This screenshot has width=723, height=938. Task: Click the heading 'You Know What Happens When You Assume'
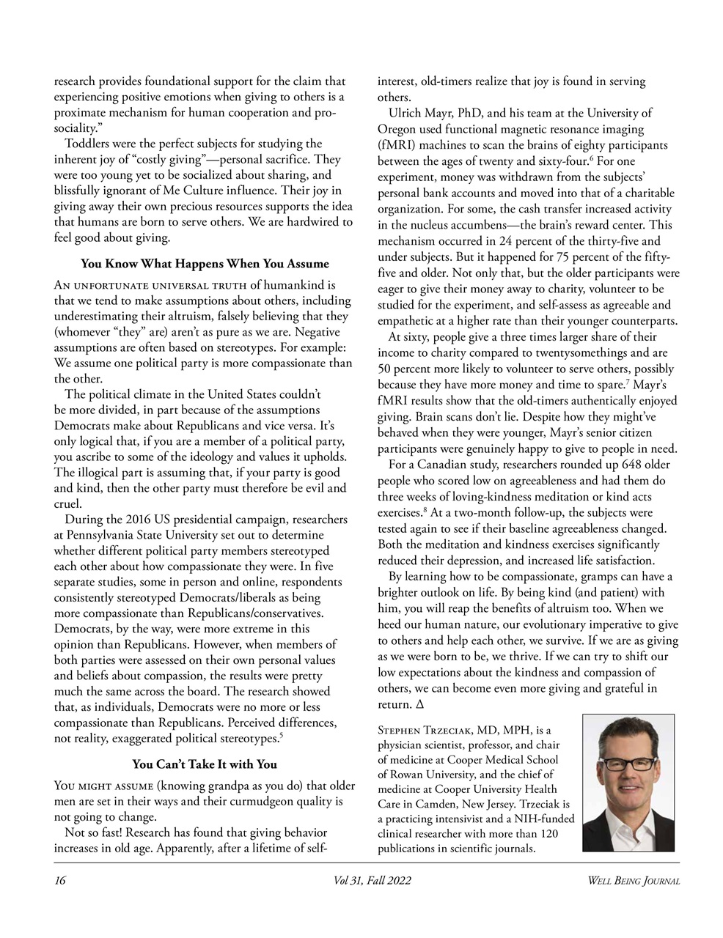[205, 264]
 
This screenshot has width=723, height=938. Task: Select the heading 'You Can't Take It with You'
[205, 764]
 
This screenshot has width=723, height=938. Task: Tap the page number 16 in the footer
[60, 881]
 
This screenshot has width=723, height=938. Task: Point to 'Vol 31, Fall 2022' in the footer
[372, 881]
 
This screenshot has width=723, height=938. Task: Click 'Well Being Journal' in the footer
[634, 881]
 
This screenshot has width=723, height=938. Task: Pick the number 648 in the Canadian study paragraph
[635, 465]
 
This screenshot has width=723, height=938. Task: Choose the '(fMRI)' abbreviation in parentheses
[396, 145]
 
